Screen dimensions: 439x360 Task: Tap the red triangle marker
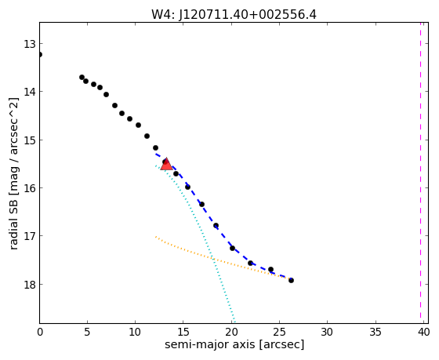point(166,164)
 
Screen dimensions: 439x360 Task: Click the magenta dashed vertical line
point(420,170)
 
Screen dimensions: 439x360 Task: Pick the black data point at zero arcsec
point(40,54)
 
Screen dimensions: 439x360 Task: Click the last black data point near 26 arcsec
point(291,280)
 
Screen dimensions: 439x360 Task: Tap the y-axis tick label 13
point(29,44)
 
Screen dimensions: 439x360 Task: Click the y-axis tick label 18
point(29,285)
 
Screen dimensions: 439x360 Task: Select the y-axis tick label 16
point(29,188)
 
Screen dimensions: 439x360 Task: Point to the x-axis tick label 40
point(423,333)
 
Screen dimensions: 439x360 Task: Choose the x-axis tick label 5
point(87,333)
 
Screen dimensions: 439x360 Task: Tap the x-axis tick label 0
point(40,333)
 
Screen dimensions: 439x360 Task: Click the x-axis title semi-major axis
point(210,344)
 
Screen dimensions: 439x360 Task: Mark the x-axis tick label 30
point(328,333)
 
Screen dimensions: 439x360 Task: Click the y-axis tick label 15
point(29,140)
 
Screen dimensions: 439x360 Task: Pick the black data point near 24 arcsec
point(270,270)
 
